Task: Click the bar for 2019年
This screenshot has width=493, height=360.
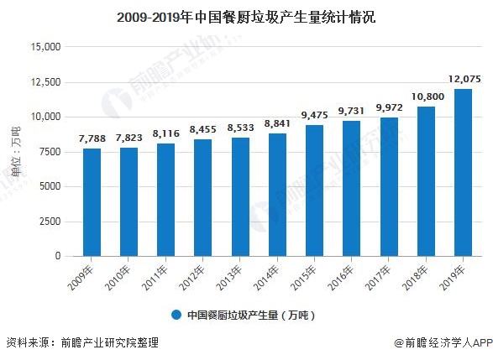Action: [x=463, y=172]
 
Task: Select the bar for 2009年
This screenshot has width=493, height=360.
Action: [x=92, y=202]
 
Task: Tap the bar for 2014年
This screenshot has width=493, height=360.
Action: [x=277, y=195]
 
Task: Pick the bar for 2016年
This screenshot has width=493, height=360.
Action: [x=351, y=188]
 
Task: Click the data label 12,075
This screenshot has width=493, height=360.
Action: [x=463, y=79]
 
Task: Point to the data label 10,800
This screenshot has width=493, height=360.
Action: [x=426, y=97]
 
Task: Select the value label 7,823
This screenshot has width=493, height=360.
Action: [x=128, y=138]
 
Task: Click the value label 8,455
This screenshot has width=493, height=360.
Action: [x=203, y=129]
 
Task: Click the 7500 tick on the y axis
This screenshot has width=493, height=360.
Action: [x=48, y=151]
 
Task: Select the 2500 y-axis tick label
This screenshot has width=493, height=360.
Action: [x=48, y=221]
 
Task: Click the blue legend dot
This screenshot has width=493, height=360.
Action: [x=176, y=315]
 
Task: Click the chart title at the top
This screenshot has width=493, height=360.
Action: [x=246, y=14]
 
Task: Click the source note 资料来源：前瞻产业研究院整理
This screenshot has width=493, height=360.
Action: [x=82, y=343]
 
